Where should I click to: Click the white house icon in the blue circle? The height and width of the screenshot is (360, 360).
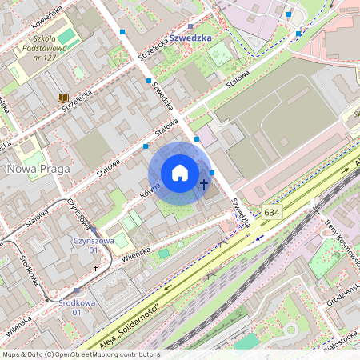180,173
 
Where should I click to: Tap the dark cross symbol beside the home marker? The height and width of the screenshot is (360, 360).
204,185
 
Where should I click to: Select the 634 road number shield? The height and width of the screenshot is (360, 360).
271,212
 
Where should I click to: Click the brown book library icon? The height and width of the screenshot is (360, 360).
62,98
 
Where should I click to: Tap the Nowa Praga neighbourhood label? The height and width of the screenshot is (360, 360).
38,169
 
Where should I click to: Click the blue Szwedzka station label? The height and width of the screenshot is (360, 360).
190,38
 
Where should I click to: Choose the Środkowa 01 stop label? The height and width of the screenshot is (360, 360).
77,307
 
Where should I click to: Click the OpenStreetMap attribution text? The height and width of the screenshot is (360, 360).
80,354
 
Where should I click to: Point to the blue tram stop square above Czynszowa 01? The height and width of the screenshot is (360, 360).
94,230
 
